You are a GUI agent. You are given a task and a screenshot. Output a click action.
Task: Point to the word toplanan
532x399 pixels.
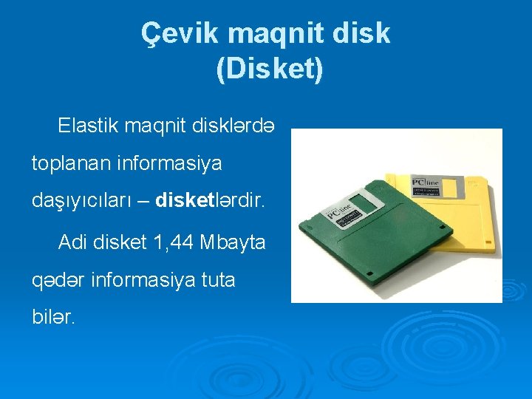point(69,163)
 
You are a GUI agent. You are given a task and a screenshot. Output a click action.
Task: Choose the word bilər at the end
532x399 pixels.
point(52,318)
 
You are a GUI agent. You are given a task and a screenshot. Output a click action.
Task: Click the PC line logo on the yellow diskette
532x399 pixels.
point(426,180)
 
